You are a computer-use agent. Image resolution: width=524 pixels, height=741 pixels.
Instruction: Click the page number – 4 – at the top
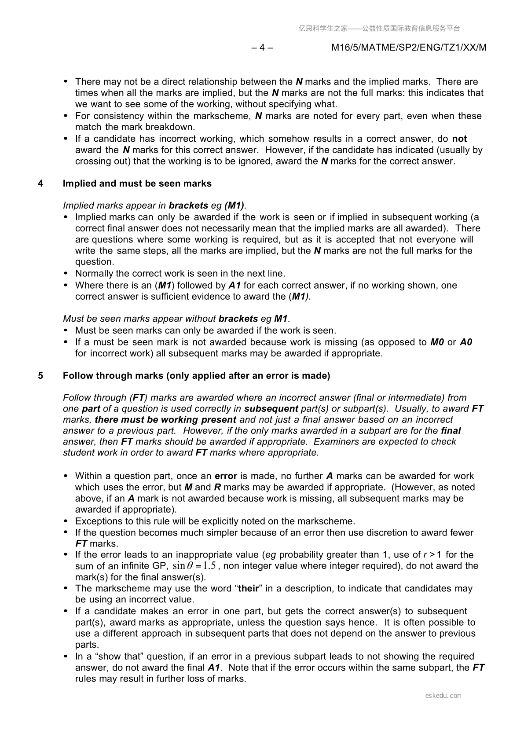262,48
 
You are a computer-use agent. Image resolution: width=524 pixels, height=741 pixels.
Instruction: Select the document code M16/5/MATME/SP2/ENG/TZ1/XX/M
409,48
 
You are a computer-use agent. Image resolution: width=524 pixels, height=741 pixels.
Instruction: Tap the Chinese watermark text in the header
379,29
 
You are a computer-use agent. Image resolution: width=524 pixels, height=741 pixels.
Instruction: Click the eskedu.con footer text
443,695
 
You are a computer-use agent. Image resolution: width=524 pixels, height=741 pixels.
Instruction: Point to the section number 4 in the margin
40,183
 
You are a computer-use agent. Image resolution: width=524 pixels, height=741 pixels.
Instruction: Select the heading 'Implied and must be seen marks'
137,183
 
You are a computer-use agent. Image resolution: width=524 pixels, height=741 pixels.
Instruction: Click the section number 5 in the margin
40,375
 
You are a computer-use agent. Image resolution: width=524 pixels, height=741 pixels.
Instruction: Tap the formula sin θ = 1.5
194,566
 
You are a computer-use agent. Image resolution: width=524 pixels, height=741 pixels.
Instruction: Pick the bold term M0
437,342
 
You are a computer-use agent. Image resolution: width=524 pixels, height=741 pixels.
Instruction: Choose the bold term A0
466,342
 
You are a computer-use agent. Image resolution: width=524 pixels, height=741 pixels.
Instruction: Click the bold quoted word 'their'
249,588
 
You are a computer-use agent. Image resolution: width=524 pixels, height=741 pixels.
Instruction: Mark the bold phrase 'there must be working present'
165,419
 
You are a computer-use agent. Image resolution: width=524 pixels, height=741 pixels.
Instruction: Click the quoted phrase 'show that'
119,656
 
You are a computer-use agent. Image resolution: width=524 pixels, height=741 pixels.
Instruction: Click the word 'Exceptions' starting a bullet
97,521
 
